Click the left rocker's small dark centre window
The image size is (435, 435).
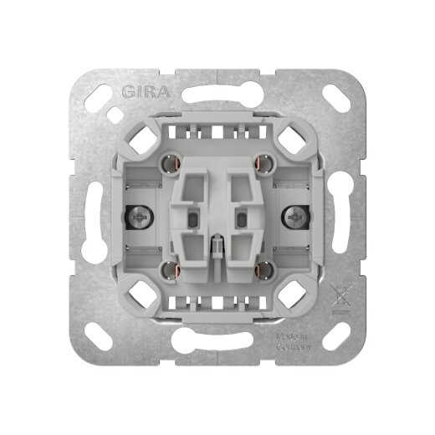point(195,220)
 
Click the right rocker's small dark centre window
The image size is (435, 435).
point(241,220)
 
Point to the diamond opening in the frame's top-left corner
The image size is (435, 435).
point(139,138)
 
